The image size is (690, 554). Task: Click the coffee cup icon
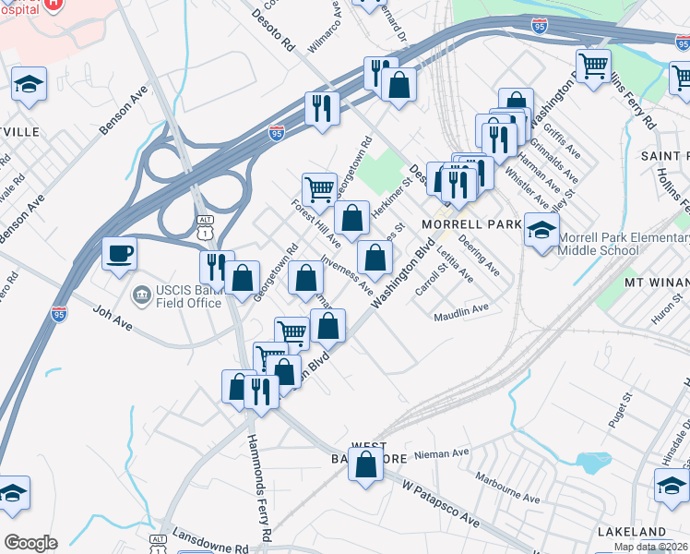[x=120, y=255]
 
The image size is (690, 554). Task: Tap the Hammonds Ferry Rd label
[x=258, y=488]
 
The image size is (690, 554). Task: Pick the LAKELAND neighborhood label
[x=631, y=532]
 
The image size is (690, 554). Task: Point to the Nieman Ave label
[x=443, y=453]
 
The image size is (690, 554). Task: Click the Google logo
[x=30, y=542]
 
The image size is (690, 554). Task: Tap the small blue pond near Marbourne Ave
[x=593, y=460]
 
